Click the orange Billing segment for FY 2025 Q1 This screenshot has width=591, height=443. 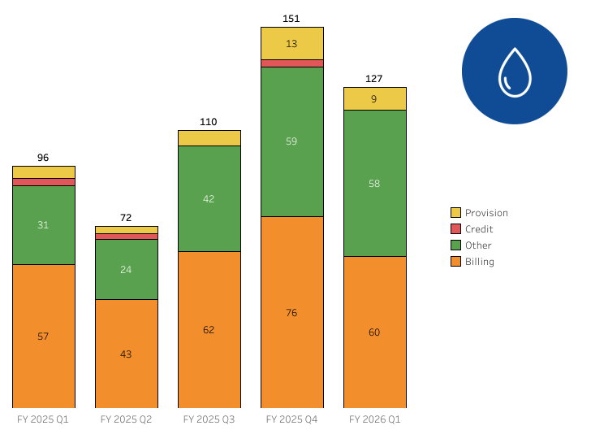pos(44,336)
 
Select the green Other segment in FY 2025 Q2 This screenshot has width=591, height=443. pos(127,269)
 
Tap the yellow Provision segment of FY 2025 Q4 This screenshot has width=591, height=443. pos(292,43)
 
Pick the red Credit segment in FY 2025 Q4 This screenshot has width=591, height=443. pos(292,63)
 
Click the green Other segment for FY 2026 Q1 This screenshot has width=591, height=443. pos(375,183)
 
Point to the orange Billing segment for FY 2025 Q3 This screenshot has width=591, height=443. pos(209,329)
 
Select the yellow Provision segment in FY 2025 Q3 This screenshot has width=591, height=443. pos(209,137)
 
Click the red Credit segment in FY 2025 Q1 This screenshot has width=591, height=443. pos(44,182)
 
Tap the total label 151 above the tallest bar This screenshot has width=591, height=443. pos(292,18)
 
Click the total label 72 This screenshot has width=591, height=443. pos(127,217)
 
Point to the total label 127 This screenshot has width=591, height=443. pos(375,79)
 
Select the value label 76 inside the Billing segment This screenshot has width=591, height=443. pos(292,313)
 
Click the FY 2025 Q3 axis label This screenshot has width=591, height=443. pos(209,419)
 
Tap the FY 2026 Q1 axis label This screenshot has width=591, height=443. pos(375,419)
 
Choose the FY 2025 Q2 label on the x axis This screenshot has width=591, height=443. pos(127,419)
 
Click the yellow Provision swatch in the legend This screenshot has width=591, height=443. pos(455,213)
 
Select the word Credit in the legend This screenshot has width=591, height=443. pos(479,229)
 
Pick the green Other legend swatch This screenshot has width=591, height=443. pos(455,245)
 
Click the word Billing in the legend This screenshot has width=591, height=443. pos(480,262)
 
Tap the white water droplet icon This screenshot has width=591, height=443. pos(515,72)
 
